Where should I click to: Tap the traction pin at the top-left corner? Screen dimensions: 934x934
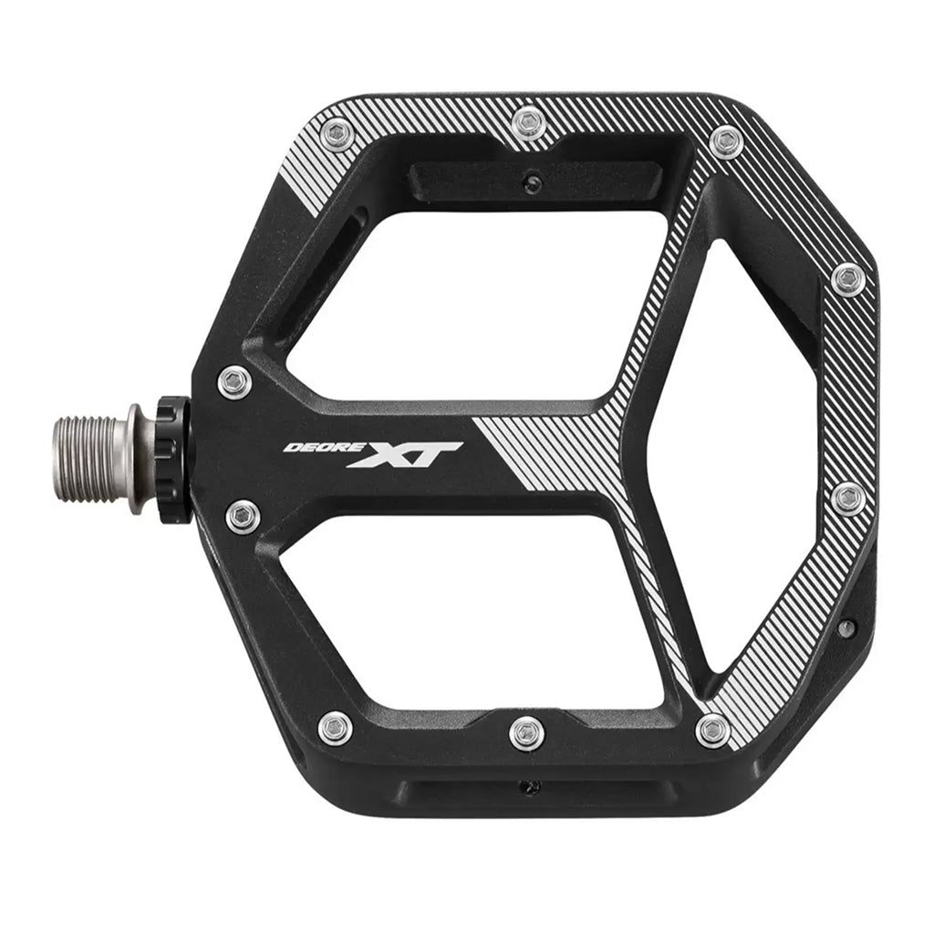[337, 135]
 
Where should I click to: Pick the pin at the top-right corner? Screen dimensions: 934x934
[727, 142]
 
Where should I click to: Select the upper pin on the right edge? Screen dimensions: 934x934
[847, 279]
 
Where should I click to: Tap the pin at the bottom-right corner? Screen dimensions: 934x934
[712, 730]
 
